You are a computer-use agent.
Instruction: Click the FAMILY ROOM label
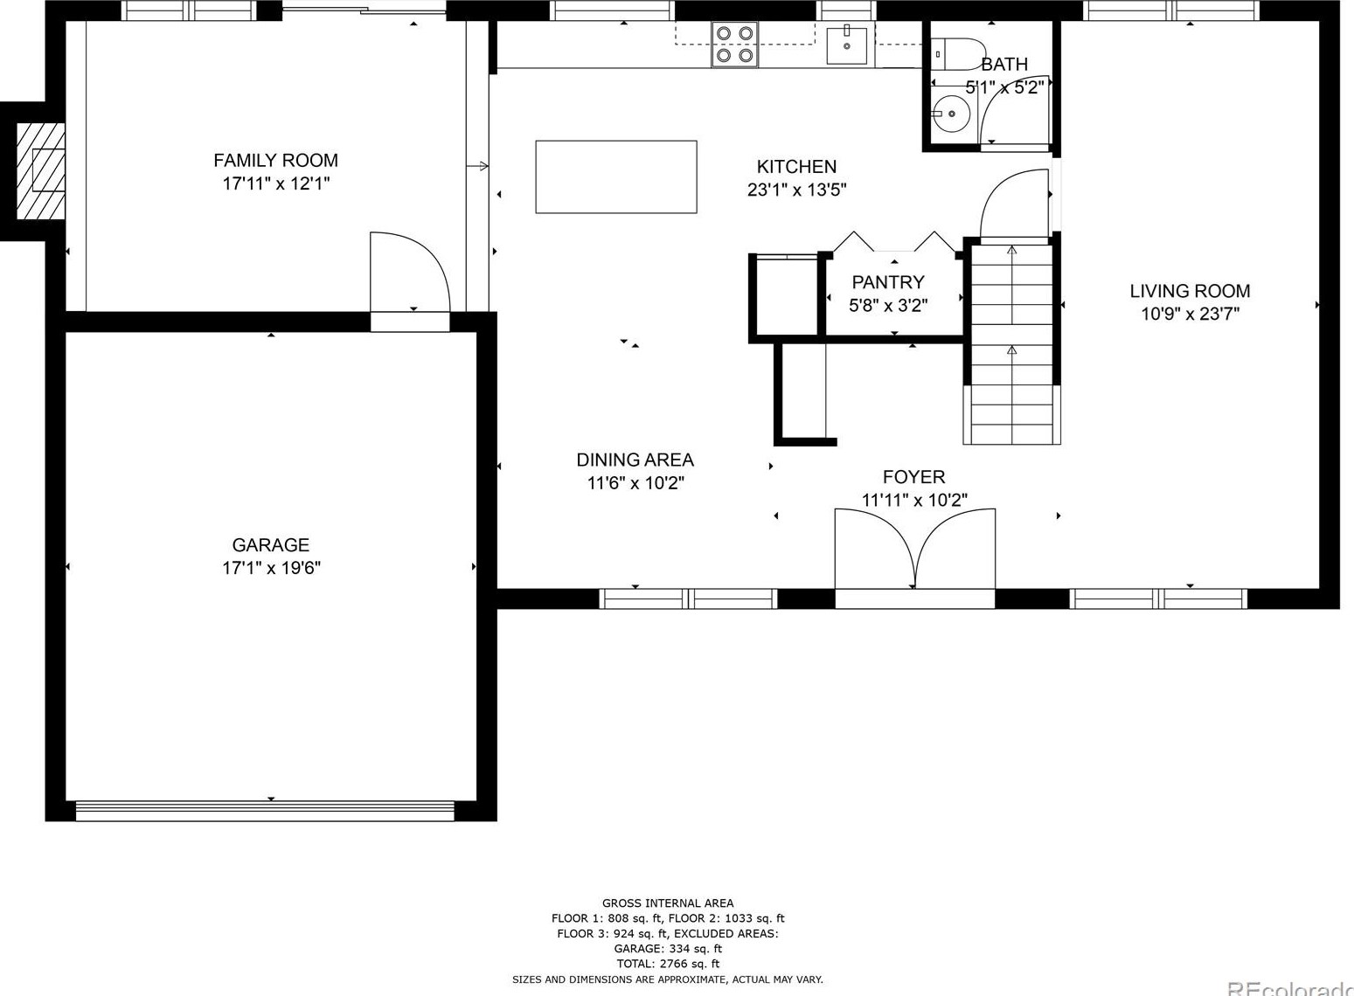pyautogui.click(x=275, y=161)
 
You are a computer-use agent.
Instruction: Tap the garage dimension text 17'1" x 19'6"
pyautogui.click(x=271, y=568)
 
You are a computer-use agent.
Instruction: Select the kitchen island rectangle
pyautogui.click(x=615, y=176)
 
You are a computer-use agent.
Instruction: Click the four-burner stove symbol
pyautogui.click(x=734, y=45)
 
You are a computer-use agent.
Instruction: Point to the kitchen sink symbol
pyautogui.click(x=847, y=45)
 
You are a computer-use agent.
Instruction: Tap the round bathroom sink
pyautogui.click(x=950, y=113)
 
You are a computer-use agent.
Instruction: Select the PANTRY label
pyautogui.click(x=887, y=282)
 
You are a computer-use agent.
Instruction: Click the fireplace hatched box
pyautogui.click(x=41, y=170)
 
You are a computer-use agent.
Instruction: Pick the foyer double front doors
pyautogui.click(x=914, y=550)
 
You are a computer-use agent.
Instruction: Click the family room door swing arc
pyautogui.click(x=409, y=271)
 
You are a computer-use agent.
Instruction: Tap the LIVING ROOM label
pyautogui.click(x=1189, y=291)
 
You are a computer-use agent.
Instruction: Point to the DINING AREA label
pyautogui.click(x=635, y=460)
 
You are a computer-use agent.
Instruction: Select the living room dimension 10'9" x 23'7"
pyautogui.click(x=1189, y=314)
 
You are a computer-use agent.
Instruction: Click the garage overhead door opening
pyautogui.click(x=265, y=811)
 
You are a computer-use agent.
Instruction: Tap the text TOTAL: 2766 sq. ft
pyautogui.click(x=668, y=964)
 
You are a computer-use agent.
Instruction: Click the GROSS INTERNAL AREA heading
pyautogui.click(x=668, y=903)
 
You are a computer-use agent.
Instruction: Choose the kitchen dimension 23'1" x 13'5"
pyautogui.click(x=796, y=190)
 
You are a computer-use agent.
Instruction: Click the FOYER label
pyautogui.click(x=913, y=477)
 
